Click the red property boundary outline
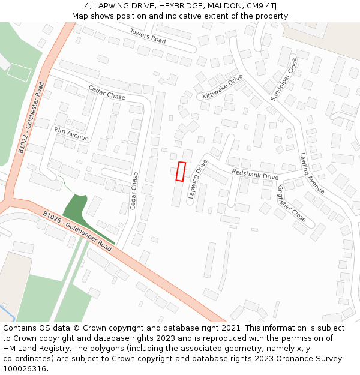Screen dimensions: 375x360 click(181, 171)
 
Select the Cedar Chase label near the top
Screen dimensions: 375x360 click(107, 92)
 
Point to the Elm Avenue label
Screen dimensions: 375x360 click(71, 134)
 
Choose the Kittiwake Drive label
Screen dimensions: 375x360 click(222, 87)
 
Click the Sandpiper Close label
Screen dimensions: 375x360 click(284, 79)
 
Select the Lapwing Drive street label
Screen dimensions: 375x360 click(197, 178)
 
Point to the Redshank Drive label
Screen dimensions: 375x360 click(255, 174)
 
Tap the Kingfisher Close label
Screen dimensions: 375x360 click(292, 203)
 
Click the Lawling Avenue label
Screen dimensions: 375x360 click(312, 173)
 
